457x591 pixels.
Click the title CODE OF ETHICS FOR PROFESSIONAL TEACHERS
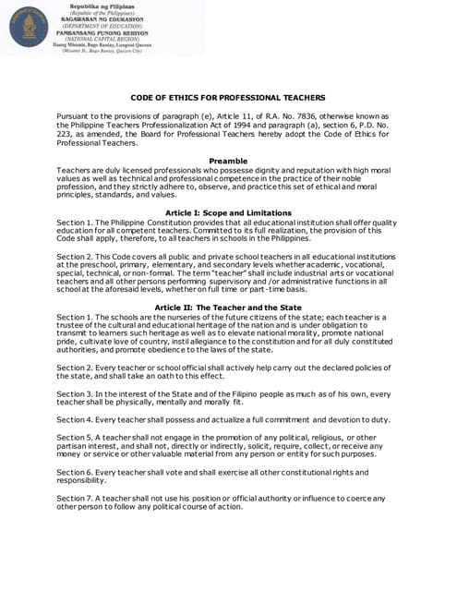click(228, 97)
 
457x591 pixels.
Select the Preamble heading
click(228, 162)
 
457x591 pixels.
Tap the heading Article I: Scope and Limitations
click(228, 213)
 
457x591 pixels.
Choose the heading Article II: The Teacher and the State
click(228, 308)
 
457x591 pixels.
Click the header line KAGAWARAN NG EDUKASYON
click(101, 18)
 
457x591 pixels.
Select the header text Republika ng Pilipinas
click(101, 6)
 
